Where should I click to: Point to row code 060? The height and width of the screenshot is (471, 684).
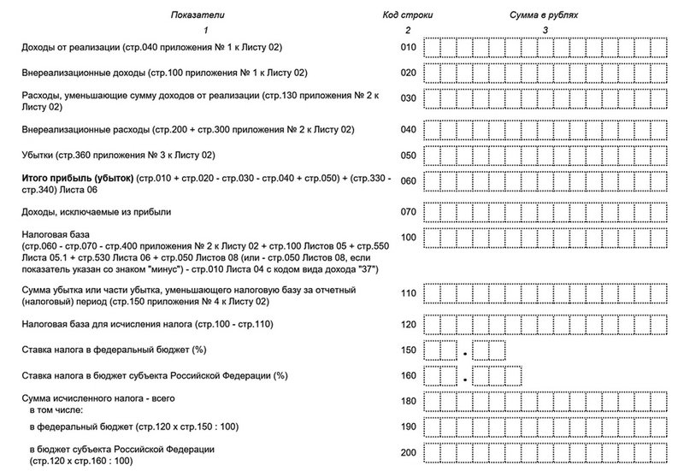408,181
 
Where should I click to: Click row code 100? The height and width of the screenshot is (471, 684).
408,236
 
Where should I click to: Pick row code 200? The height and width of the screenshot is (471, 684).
408,453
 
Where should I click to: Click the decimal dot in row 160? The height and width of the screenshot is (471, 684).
465,378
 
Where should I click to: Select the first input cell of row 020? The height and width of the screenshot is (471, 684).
433,73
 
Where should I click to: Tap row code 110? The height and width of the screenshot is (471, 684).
408,294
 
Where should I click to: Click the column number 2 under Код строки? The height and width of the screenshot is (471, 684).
409,31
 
